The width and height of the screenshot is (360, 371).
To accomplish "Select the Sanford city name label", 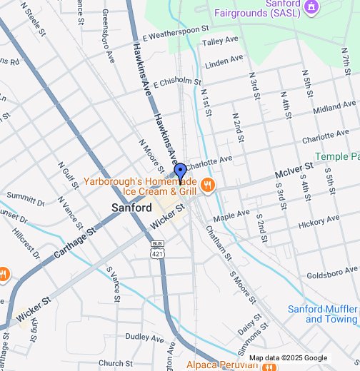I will [131, 208].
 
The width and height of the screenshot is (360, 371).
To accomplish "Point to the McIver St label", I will [294, 171].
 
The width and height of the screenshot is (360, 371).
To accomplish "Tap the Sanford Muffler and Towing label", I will [322, 314].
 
